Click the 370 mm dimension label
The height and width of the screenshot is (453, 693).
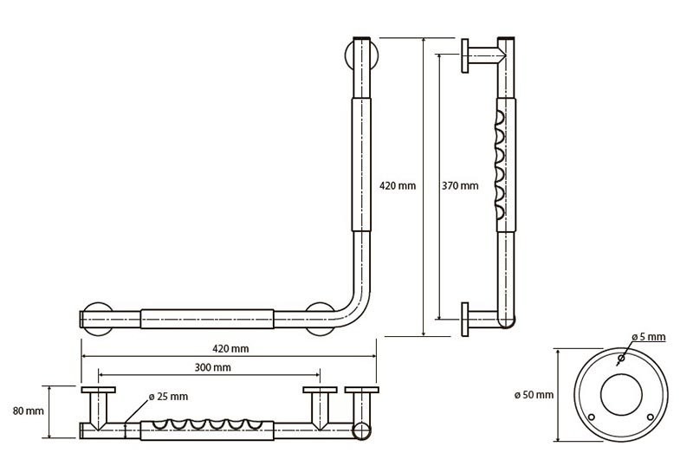(x=459, y=185)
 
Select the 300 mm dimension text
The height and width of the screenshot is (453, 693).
(x=212, y=368)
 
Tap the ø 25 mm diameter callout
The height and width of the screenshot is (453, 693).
(x=168, y=396)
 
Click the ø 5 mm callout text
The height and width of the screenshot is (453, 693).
(x=649, y=336)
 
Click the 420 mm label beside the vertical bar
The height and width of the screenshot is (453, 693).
(x=398, y=185)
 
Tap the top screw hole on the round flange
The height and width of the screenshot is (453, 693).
(x=621, y=358)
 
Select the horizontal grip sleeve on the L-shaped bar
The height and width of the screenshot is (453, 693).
(x=209, y=318)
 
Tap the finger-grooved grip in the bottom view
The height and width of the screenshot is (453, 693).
(x=209, y=427)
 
